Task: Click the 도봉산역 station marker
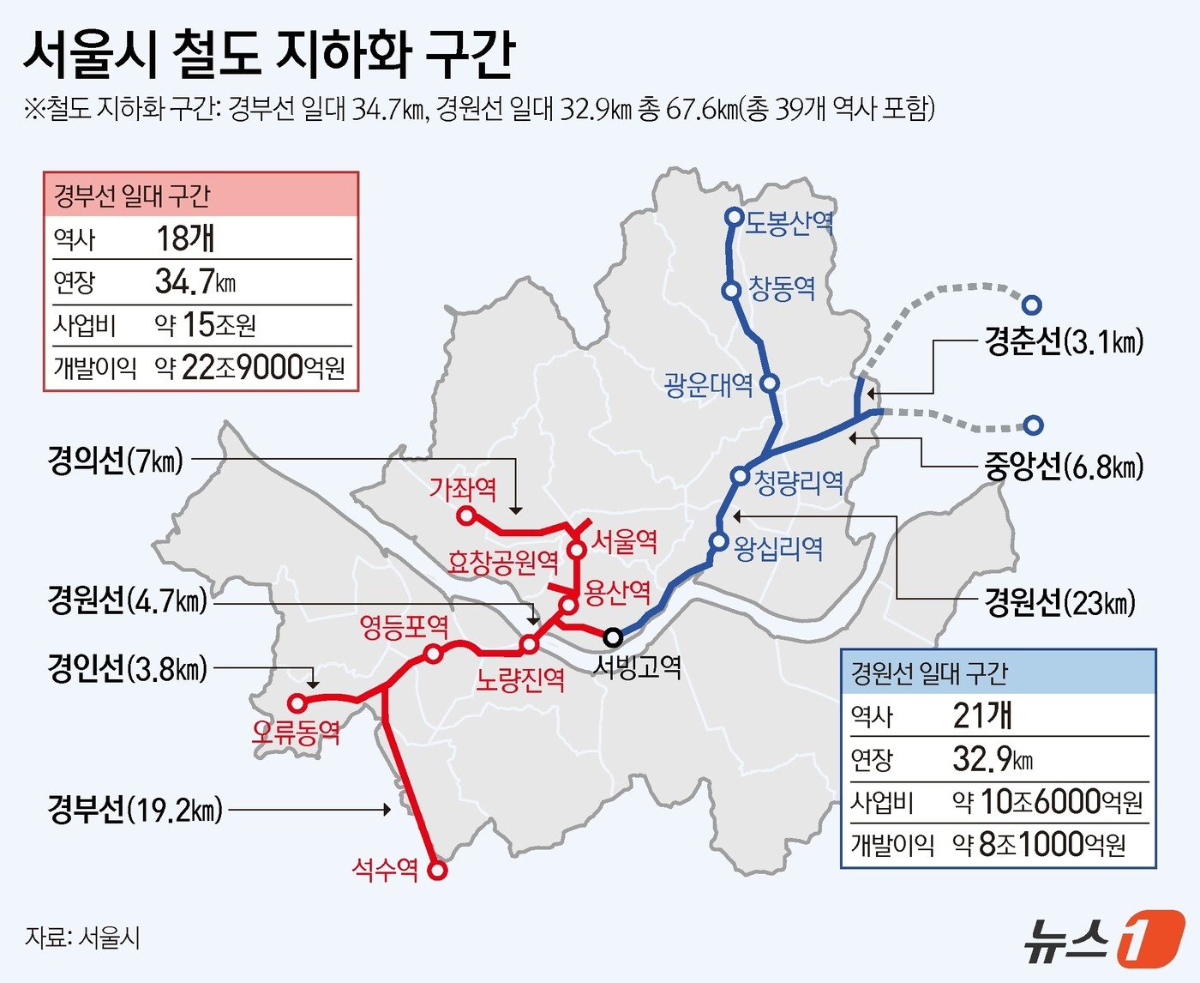tap(734, 217)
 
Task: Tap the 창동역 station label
tap(782, 288)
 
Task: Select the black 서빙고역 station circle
tap(613, 637)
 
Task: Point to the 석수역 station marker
tap(437, 871)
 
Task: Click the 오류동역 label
tap(296, 732)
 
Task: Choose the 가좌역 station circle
tap(466, 516)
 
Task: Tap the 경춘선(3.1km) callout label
tap(1063, 342)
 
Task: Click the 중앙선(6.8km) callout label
tap(1063, 467)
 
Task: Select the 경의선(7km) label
tap(115, 461)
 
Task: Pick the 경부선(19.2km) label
tap(135, 809)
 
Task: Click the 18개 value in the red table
tap(185, 238)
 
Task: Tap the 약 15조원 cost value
tap(205, 324)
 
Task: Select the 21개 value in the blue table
tap(982, 715)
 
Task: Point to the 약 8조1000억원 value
tap(1039, 845)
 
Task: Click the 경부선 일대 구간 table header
tap(132, 196)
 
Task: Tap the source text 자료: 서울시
tap(82, 938)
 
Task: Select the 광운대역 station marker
tap(770, 383)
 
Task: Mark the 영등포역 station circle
tap(434, 654)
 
